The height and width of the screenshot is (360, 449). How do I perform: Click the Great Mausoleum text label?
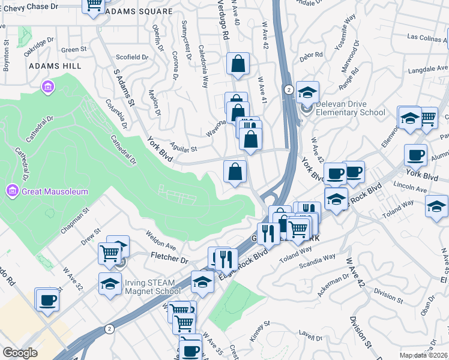(x=56, y=192)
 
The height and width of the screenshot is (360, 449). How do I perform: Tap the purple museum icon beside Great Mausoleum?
(x=11, y=192)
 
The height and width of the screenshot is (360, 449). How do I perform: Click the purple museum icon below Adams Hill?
(x=47, y=88)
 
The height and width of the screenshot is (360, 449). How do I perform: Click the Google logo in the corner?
(x=20, y=353)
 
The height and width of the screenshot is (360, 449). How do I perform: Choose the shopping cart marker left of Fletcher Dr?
(x=110, y=253)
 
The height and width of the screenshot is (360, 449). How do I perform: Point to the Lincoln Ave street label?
(x=410, y=189)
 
